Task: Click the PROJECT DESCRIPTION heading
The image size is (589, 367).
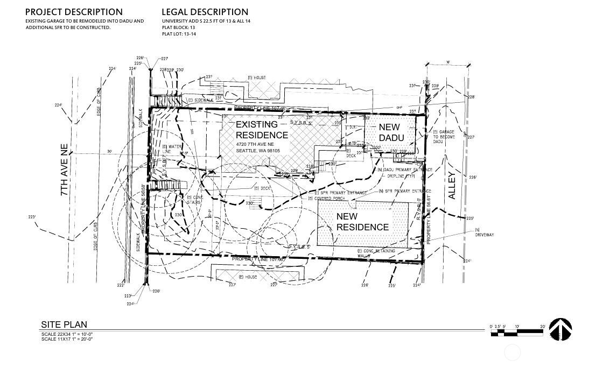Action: point(74,12)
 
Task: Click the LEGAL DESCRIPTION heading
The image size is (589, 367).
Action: point(205,12)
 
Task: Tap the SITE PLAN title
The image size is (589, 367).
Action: point(64,324)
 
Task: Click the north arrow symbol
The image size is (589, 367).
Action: point(560,329)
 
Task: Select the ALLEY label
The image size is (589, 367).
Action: point(452,186)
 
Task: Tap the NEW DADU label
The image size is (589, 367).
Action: point(389,132)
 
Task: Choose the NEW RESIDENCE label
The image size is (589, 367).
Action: point(362,222)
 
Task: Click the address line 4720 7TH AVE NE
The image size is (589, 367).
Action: point(255,145)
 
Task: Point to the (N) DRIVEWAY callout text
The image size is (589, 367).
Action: point(484,232)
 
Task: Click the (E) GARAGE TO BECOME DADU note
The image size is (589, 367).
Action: point(444,137)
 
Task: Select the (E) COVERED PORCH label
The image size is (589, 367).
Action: point(326,199)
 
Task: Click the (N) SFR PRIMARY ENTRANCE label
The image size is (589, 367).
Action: point(405,191)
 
